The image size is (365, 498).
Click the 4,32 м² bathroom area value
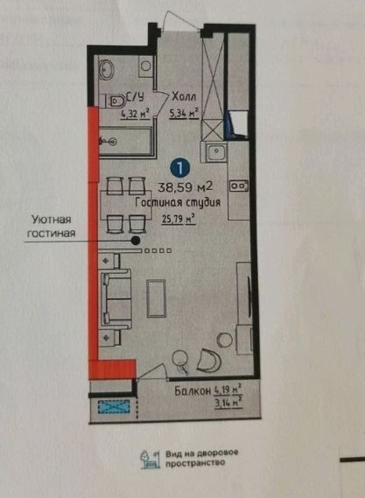tap(134, 112)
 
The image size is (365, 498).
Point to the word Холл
tap(184, 98)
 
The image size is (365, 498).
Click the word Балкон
tap(190, 391)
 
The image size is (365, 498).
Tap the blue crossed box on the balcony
tap(112, 407)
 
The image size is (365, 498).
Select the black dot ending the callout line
tap(136, 238)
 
